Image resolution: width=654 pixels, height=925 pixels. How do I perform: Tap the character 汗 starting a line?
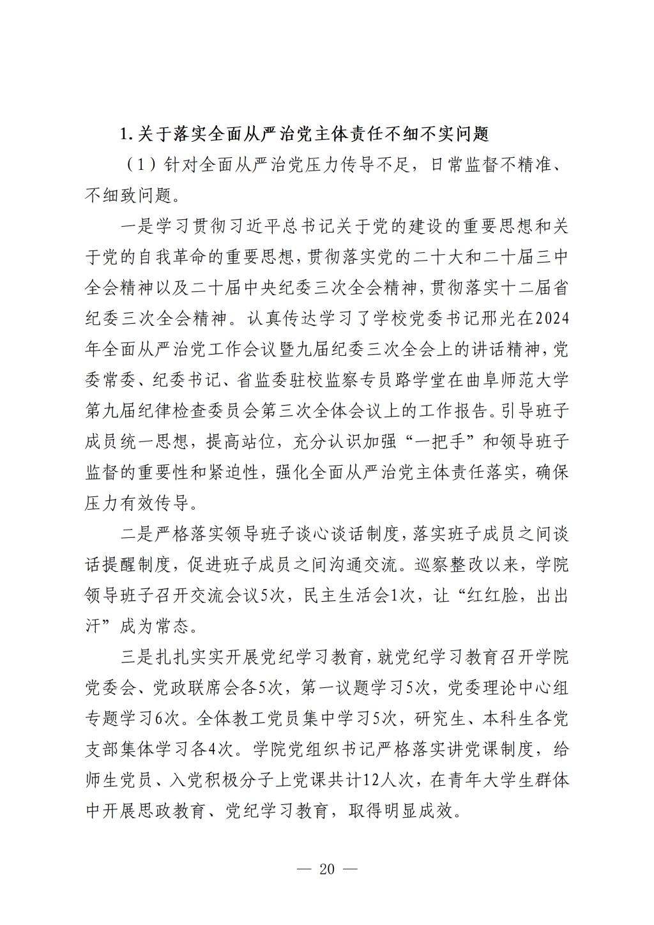click(93, 626)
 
